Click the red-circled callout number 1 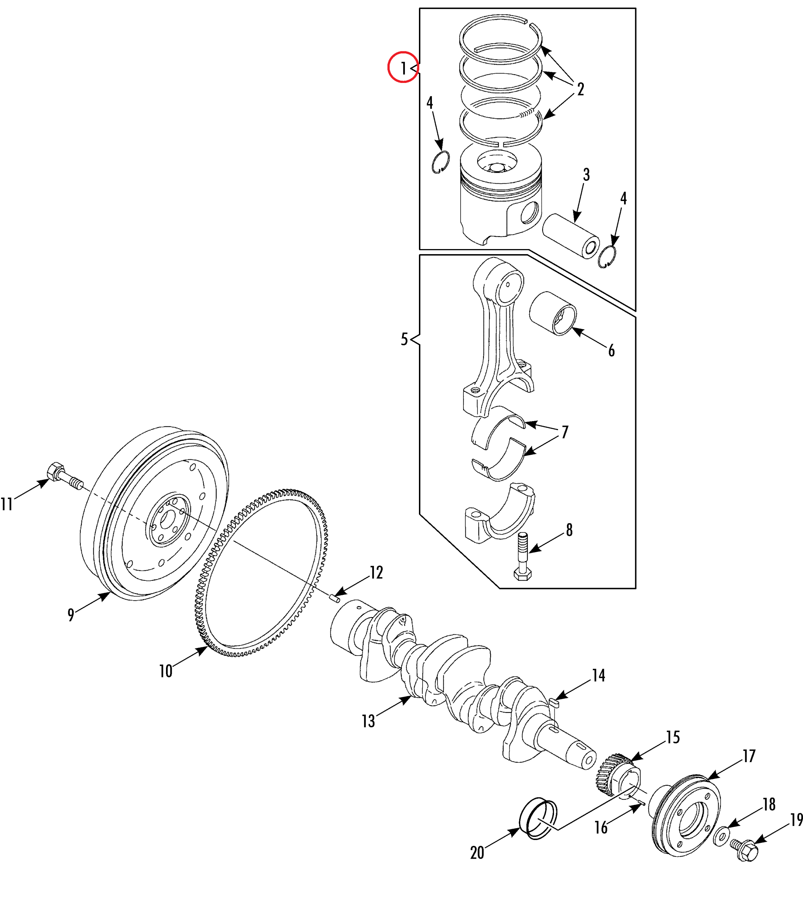click(x=403, y=68)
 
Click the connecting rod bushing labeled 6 click(x=553, y=313)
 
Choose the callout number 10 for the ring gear click(x=166, y=671)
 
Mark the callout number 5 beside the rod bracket click(x=404, y=339)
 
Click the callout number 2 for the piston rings click(x=580, y=89)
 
